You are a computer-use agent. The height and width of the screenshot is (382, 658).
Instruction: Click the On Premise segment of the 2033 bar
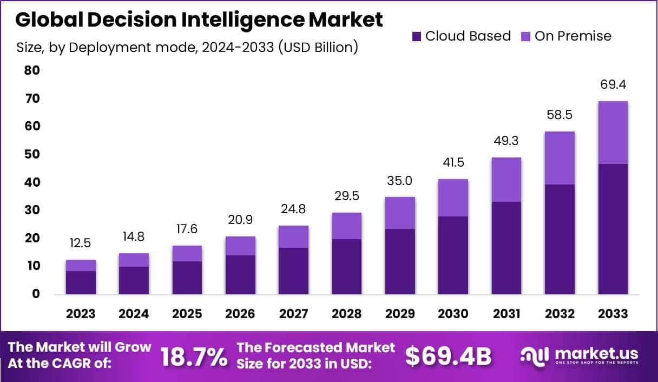pyautogui.click(x=613, y=133)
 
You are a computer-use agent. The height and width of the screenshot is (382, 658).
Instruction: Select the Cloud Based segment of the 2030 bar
pyautogui.click(x=453, y=255)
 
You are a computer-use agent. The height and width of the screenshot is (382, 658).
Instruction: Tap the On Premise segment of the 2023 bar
pyautogui.click(x=81, y=265)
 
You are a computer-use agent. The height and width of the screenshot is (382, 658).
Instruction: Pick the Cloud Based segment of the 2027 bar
pyautogui.click(x=294, y=271)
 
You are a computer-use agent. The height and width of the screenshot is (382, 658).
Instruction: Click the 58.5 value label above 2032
pyautogui.click(x=560, y=115)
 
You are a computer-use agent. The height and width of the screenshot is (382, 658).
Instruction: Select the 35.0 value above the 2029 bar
pyautogui.click(x=400, y=181)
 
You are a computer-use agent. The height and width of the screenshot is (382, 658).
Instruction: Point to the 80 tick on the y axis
pyautogui.click(x=32, y=70)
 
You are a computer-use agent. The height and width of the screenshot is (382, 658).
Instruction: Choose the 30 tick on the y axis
pyautogui.click(x=32, y=210)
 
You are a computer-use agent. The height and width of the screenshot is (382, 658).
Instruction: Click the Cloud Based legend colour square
pyautogui.click(x=416, y=37)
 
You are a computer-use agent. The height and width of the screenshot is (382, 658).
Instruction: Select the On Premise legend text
pyautogui.click(x=573, y=36)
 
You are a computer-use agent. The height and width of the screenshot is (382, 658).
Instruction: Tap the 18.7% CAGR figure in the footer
pyautogui.click(x=194, y=357)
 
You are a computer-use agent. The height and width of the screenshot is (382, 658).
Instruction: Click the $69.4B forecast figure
pyautogui.click(x=448, y=357)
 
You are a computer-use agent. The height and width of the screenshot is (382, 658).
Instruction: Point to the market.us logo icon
pyautogui.click(x=535, y=355)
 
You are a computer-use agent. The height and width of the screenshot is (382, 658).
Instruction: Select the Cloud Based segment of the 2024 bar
pyautogui.click(x=134, y=280)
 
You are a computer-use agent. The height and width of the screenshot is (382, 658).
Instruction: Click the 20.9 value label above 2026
pyautogui.click(x=240, y=220)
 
